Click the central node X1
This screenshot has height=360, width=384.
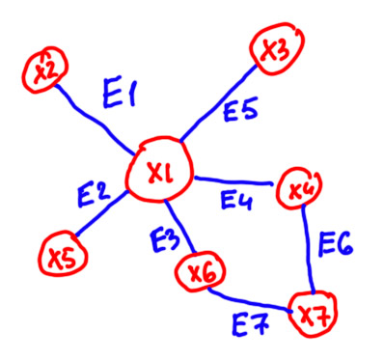pos(159,169)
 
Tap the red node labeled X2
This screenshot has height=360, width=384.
pos(44,70)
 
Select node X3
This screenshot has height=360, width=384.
pos(277,48)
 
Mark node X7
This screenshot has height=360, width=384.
pos(313,314)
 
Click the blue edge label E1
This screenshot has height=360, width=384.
pos(119,94)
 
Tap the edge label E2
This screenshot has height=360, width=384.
pos(94,195)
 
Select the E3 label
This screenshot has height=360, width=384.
pos(165,238)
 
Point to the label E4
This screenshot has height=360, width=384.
pos(236,200)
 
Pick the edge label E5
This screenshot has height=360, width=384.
pos(240,108)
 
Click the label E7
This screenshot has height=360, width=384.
pos(251,325)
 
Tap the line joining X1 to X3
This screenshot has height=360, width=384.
pos(218,103)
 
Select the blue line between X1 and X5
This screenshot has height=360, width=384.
pos(101,213)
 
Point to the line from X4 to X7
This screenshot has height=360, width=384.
pos(308,250)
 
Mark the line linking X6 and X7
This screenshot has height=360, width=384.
pos(249,301)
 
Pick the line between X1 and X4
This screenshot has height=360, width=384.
pos(233,180)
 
